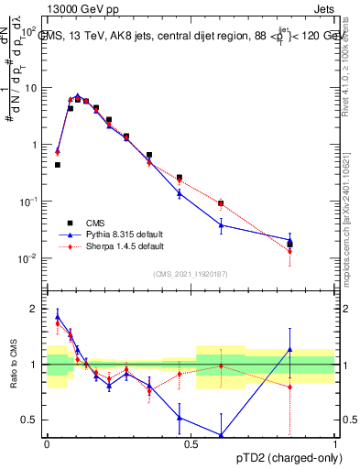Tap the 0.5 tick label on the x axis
191,443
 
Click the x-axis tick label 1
335,443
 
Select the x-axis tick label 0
47,443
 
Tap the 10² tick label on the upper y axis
30,32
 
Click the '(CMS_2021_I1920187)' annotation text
191,272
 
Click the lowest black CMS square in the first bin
57,165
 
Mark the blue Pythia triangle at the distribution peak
78,95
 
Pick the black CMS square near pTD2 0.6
221,203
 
